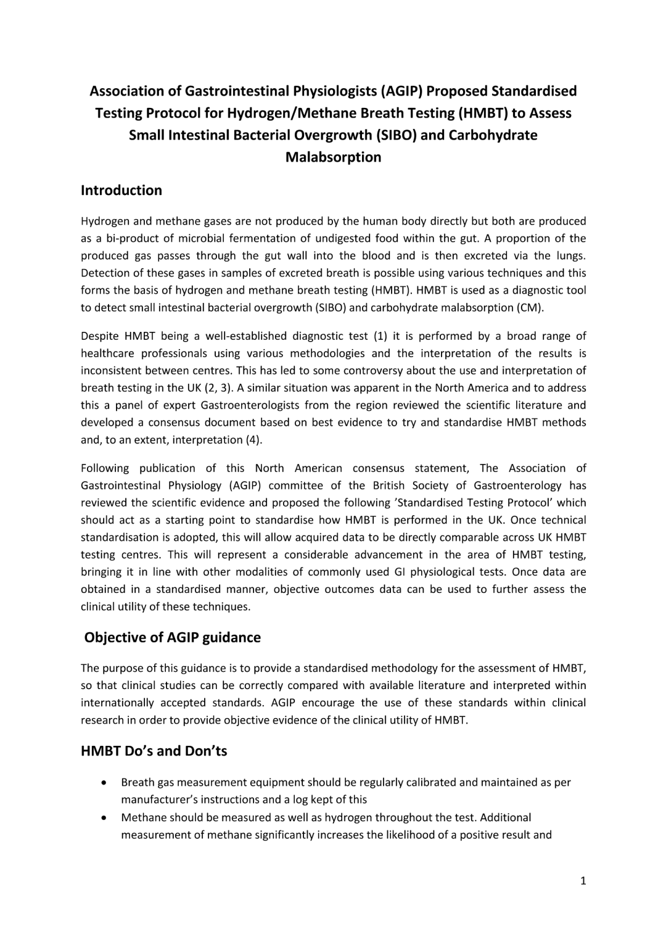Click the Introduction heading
click(121, 191)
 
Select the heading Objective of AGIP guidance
click(173, 638)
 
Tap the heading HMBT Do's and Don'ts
click(154, 751)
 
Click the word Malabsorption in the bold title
click(333, 157)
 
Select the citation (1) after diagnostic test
click(380, 336)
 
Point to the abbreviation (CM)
click(531, 307)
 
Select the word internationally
click(117, 703)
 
